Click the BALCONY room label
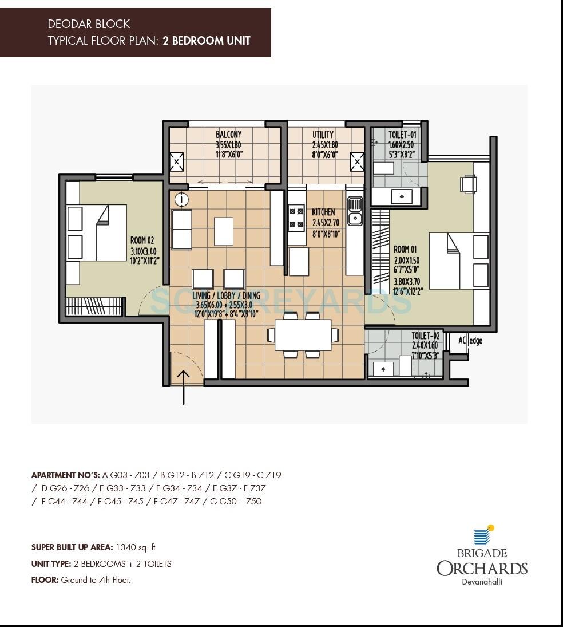(228, 135)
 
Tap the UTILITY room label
(323, 135)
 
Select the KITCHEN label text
(324, 212)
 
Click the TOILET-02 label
(426, 336)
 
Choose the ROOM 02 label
(142, 241)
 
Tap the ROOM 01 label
(405, 250)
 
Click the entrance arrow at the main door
(183, 387)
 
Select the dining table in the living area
(303, 335)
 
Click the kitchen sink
(355, 210)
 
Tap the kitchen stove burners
(296, 218)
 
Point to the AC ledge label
(470, 341)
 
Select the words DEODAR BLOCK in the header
(89, 24)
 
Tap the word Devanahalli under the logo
(482, 582)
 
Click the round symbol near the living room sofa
(181, 200)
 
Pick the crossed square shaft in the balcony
(176, 162)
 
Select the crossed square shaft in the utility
(357, 162)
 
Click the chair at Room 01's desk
(468, 184)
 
